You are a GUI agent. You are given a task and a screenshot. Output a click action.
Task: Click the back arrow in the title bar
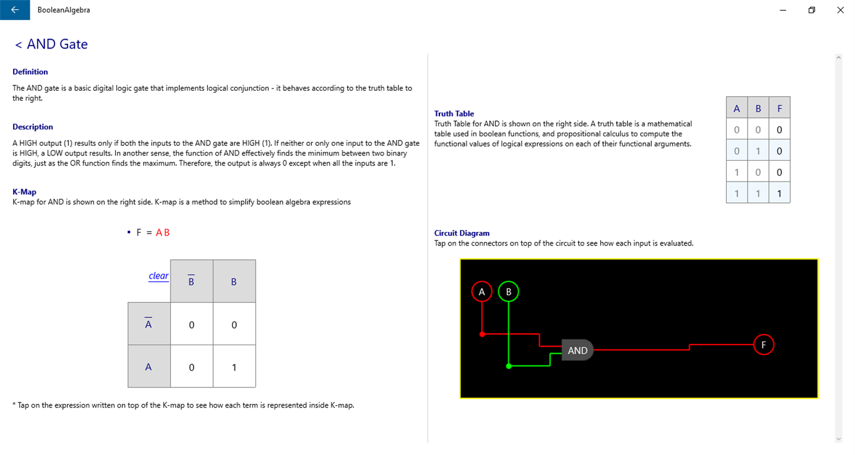pyautogui.click(x=15, y=10)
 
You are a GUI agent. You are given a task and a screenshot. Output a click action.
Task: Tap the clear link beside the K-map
pyautogui.click(x=159, y=276)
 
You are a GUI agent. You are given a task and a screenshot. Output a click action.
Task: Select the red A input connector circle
pyautogui.click(x=482, y=291)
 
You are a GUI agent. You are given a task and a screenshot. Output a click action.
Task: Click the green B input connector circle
pyautogui.click(x=508, y=291)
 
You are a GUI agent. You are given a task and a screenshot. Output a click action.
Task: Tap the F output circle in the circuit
pyautogui.click(x=764, y=345)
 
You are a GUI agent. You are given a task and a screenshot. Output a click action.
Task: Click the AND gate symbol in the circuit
pyautogui.click(x=577, y=351)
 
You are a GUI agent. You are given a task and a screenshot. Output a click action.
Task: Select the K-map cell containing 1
pyautogui.click(x=234, y=367)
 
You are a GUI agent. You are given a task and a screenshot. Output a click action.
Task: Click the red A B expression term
pyautogui.click(x=163, y=233)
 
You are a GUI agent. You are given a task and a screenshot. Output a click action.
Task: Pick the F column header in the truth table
pyautogui.click(x=779, y=109)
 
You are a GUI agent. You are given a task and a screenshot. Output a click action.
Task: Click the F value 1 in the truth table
pyautogui.click(x=779, y=193)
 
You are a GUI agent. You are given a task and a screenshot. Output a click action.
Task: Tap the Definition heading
pyautogui.click(x=30, y=72)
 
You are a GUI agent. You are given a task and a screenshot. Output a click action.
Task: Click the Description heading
pyautogui.click(x=33, y=127)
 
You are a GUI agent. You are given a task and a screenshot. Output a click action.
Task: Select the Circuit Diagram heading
pyautogui.click(x=462, y=233)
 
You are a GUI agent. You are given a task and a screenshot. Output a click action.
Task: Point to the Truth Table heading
pyautogui.click(x=454, y=113)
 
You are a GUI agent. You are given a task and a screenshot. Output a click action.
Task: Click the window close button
pyautogui.click(x=840, y=10)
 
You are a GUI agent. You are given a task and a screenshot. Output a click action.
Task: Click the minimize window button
pyautogui.click(x=783, y=10)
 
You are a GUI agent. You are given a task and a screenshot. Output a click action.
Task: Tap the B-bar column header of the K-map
pyautogui.click(x=191, y=281)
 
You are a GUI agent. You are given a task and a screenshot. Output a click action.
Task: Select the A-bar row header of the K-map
pyautogui.click(x=148, y=324)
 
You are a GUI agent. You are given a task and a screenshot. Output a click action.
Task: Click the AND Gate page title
pyautogui.click(x=57, y=44)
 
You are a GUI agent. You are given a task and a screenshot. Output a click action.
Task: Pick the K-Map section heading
pyautogui.click(x=24, y=192)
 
